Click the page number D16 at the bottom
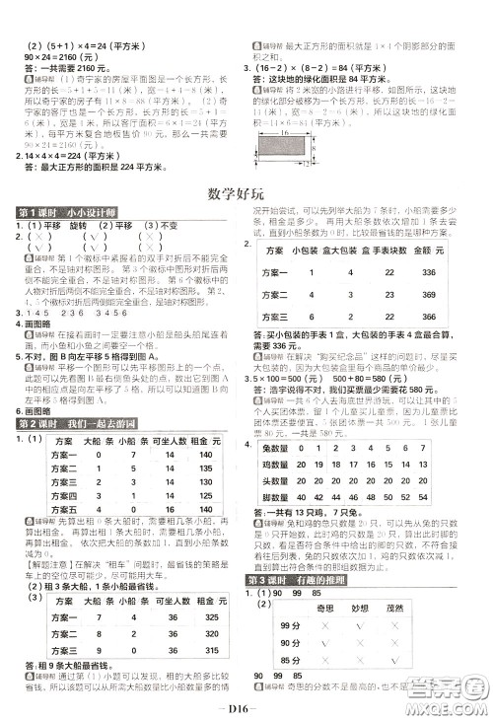(246, 706)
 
